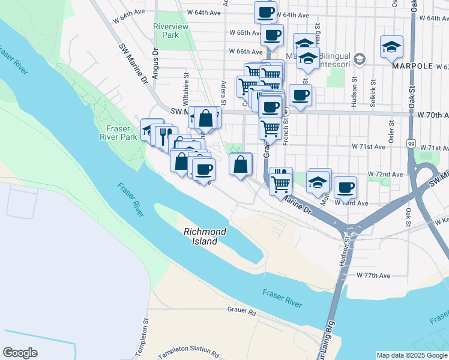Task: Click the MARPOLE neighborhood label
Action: pos(412,66)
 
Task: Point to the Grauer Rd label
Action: pos(241,313)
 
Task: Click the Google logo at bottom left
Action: pos(20,353)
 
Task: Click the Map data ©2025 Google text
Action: pos(412,355)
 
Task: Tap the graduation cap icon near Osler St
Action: pos(391,47)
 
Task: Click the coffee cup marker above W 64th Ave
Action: pos(265,11)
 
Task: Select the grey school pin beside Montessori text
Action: pos(360,59)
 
